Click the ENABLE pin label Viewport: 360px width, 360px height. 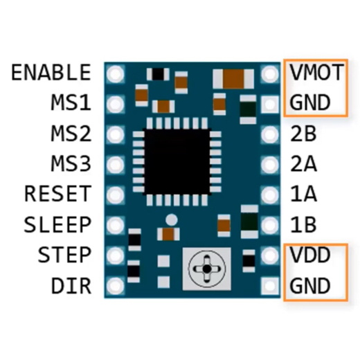(51, 72)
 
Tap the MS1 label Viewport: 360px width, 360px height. (71, 102)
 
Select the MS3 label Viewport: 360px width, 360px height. (71, 163)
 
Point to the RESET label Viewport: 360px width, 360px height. (57, 194)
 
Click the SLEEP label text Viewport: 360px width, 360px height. (57, 224)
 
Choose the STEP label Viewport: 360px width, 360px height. (64, 255)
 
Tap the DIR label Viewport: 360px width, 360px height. (71, 285)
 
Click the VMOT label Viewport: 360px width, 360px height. (316, 72)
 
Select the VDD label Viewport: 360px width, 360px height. (309, 255)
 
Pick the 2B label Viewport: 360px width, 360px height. (303, 133)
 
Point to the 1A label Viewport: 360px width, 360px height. (303, 194)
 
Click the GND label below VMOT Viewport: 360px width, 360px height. (309, 102)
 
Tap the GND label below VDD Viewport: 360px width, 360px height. (309, 285)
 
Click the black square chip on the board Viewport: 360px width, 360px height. (177, 162)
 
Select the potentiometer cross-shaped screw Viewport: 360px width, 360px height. (206, 269)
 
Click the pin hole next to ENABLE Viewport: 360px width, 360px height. (115, 74)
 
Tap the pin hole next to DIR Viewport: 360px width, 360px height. (115, 286)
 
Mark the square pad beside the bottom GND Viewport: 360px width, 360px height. (270, 286)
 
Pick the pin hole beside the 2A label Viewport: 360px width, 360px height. (270, 165)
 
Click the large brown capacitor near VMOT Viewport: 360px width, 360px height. (233, 79)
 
